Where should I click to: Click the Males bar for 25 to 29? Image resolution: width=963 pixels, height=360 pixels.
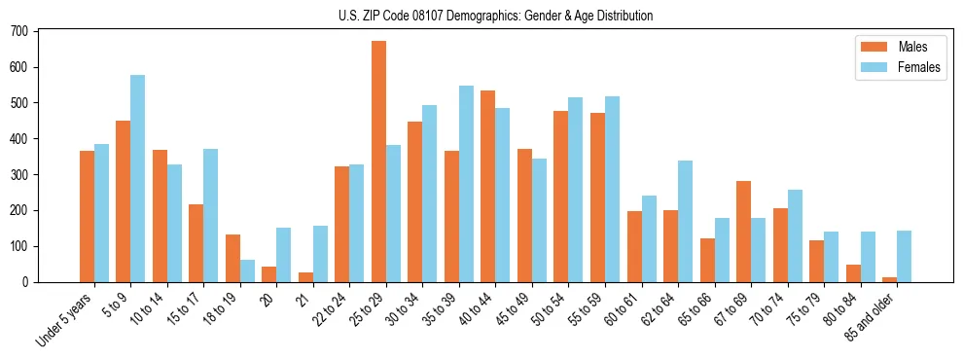click(378, 162)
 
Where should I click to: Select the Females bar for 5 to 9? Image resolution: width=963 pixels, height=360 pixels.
click(138, 178)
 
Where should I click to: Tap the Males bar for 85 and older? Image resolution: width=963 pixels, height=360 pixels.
click(889, 279)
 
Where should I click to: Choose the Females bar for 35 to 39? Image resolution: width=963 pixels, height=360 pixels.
click(466, 184)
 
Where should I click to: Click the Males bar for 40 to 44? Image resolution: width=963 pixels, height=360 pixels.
click(488, 186)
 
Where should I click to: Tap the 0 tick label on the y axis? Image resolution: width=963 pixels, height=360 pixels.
click(27, 282)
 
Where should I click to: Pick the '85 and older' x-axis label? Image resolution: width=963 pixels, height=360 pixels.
click(874, 316)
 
